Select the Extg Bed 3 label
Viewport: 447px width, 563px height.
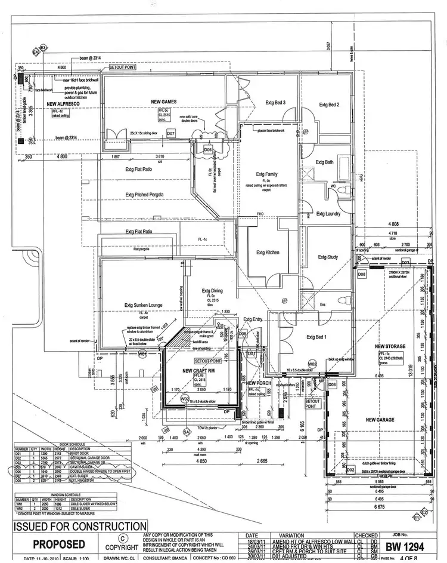pyautogui.click(x=275, y=103)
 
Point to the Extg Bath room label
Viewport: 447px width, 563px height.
pyautogui.click(x=325, y=162)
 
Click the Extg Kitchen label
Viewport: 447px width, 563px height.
pyautogui.click(x=268, y=253)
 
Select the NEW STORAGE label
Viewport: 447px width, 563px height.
pyautogui.click(x=390, y=346)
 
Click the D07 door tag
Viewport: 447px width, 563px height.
pyautogui.click(x=170, y=133)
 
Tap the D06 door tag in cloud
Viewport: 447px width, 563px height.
pyautogui.click(x=207, y=150)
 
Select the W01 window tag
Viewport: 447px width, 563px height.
pyautogui.click(x=142, y=354)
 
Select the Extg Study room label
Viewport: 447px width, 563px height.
pyautogui.click(x=328, y=257)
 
